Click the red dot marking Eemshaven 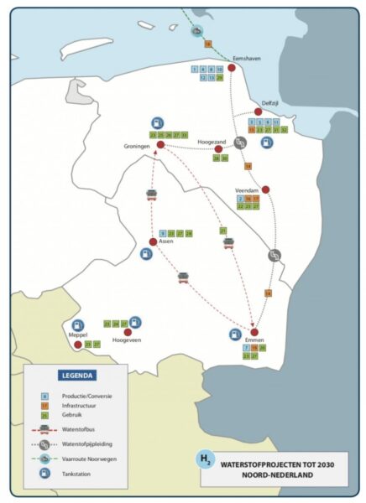tap(231, 67)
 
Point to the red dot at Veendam tap(265, 189)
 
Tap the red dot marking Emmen tap(254, 333)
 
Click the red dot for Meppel tap(77, 344)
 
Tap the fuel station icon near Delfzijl tap(266, 143)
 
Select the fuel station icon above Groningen tap(158, 123)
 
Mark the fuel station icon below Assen tap(146, 254)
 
